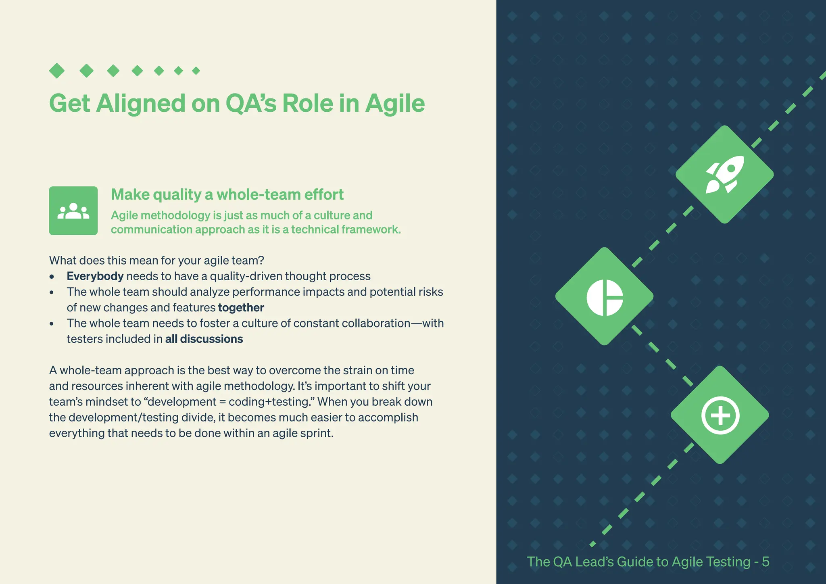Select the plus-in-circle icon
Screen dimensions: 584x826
(720, 415)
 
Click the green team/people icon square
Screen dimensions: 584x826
(73, 211)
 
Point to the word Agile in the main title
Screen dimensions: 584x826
(395, 103)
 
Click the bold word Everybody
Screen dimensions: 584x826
(95, 276)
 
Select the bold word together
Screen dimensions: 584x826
(241, 308)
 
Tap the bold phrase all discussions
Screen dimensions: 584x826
(204, 339)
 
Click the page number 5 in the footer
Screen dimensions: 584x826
(765, 562)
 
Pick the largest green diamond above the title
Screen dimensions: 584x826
(57, 71)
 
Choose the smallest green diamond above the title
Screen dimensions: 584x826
(196, 71)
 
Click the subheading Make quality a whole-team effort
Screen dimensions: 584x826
(227, 195)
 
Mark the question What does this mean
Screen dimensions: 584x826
(156, 261)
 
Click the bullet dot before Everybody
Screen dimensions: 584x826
(52, 277)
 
